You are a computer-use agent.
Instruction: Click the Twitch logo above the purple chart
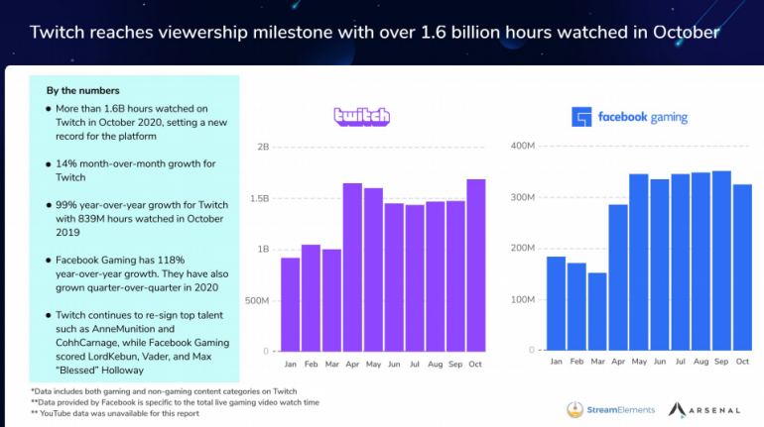click(x=361, y=117)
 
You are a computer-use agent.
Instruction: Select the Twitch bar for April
click(x=352, y=267)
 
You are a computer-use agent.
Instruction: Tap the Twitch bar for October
click(x=475, y=265)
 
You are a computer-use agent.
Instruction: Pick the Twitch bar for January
click(x=290, y=304)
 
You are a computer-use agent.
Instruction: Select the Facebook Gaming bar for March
click(x=596, y=310)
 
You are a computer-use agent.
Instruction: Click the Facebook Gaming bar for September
click(x=721, y=260)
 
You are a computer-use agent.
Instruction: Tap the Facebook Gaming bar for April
click(x=617, y=276)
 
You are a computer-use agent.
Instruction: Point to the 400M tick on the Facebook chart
click(x=523, y=147)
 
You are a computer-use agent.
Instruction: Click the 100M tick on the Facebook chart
click(x=523, y=298)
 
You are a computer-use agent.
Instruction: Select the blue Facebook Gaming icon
click(x=581, y=117)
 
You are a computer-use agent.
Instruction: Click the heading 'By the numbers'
click(x=82, y=90)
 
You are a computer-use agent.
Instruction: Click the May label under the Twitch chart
click(x=373, y=364)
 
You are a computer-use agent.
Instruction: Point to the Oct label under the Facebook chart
click(x=742, y=363)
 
